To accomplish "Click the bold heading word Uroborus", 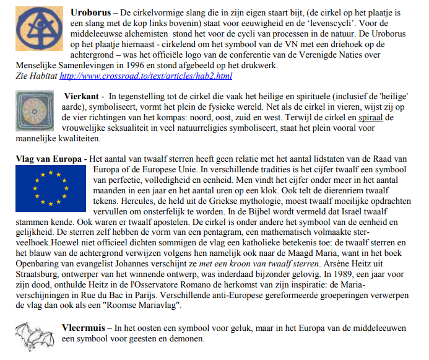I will pyautogui.click(x=91, y=12).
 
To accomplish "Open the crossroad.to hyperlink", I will pyautogui.click(x=145, y=76).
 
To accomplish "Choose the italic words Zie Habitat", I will pyautogui.click(x=35, y=76).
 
